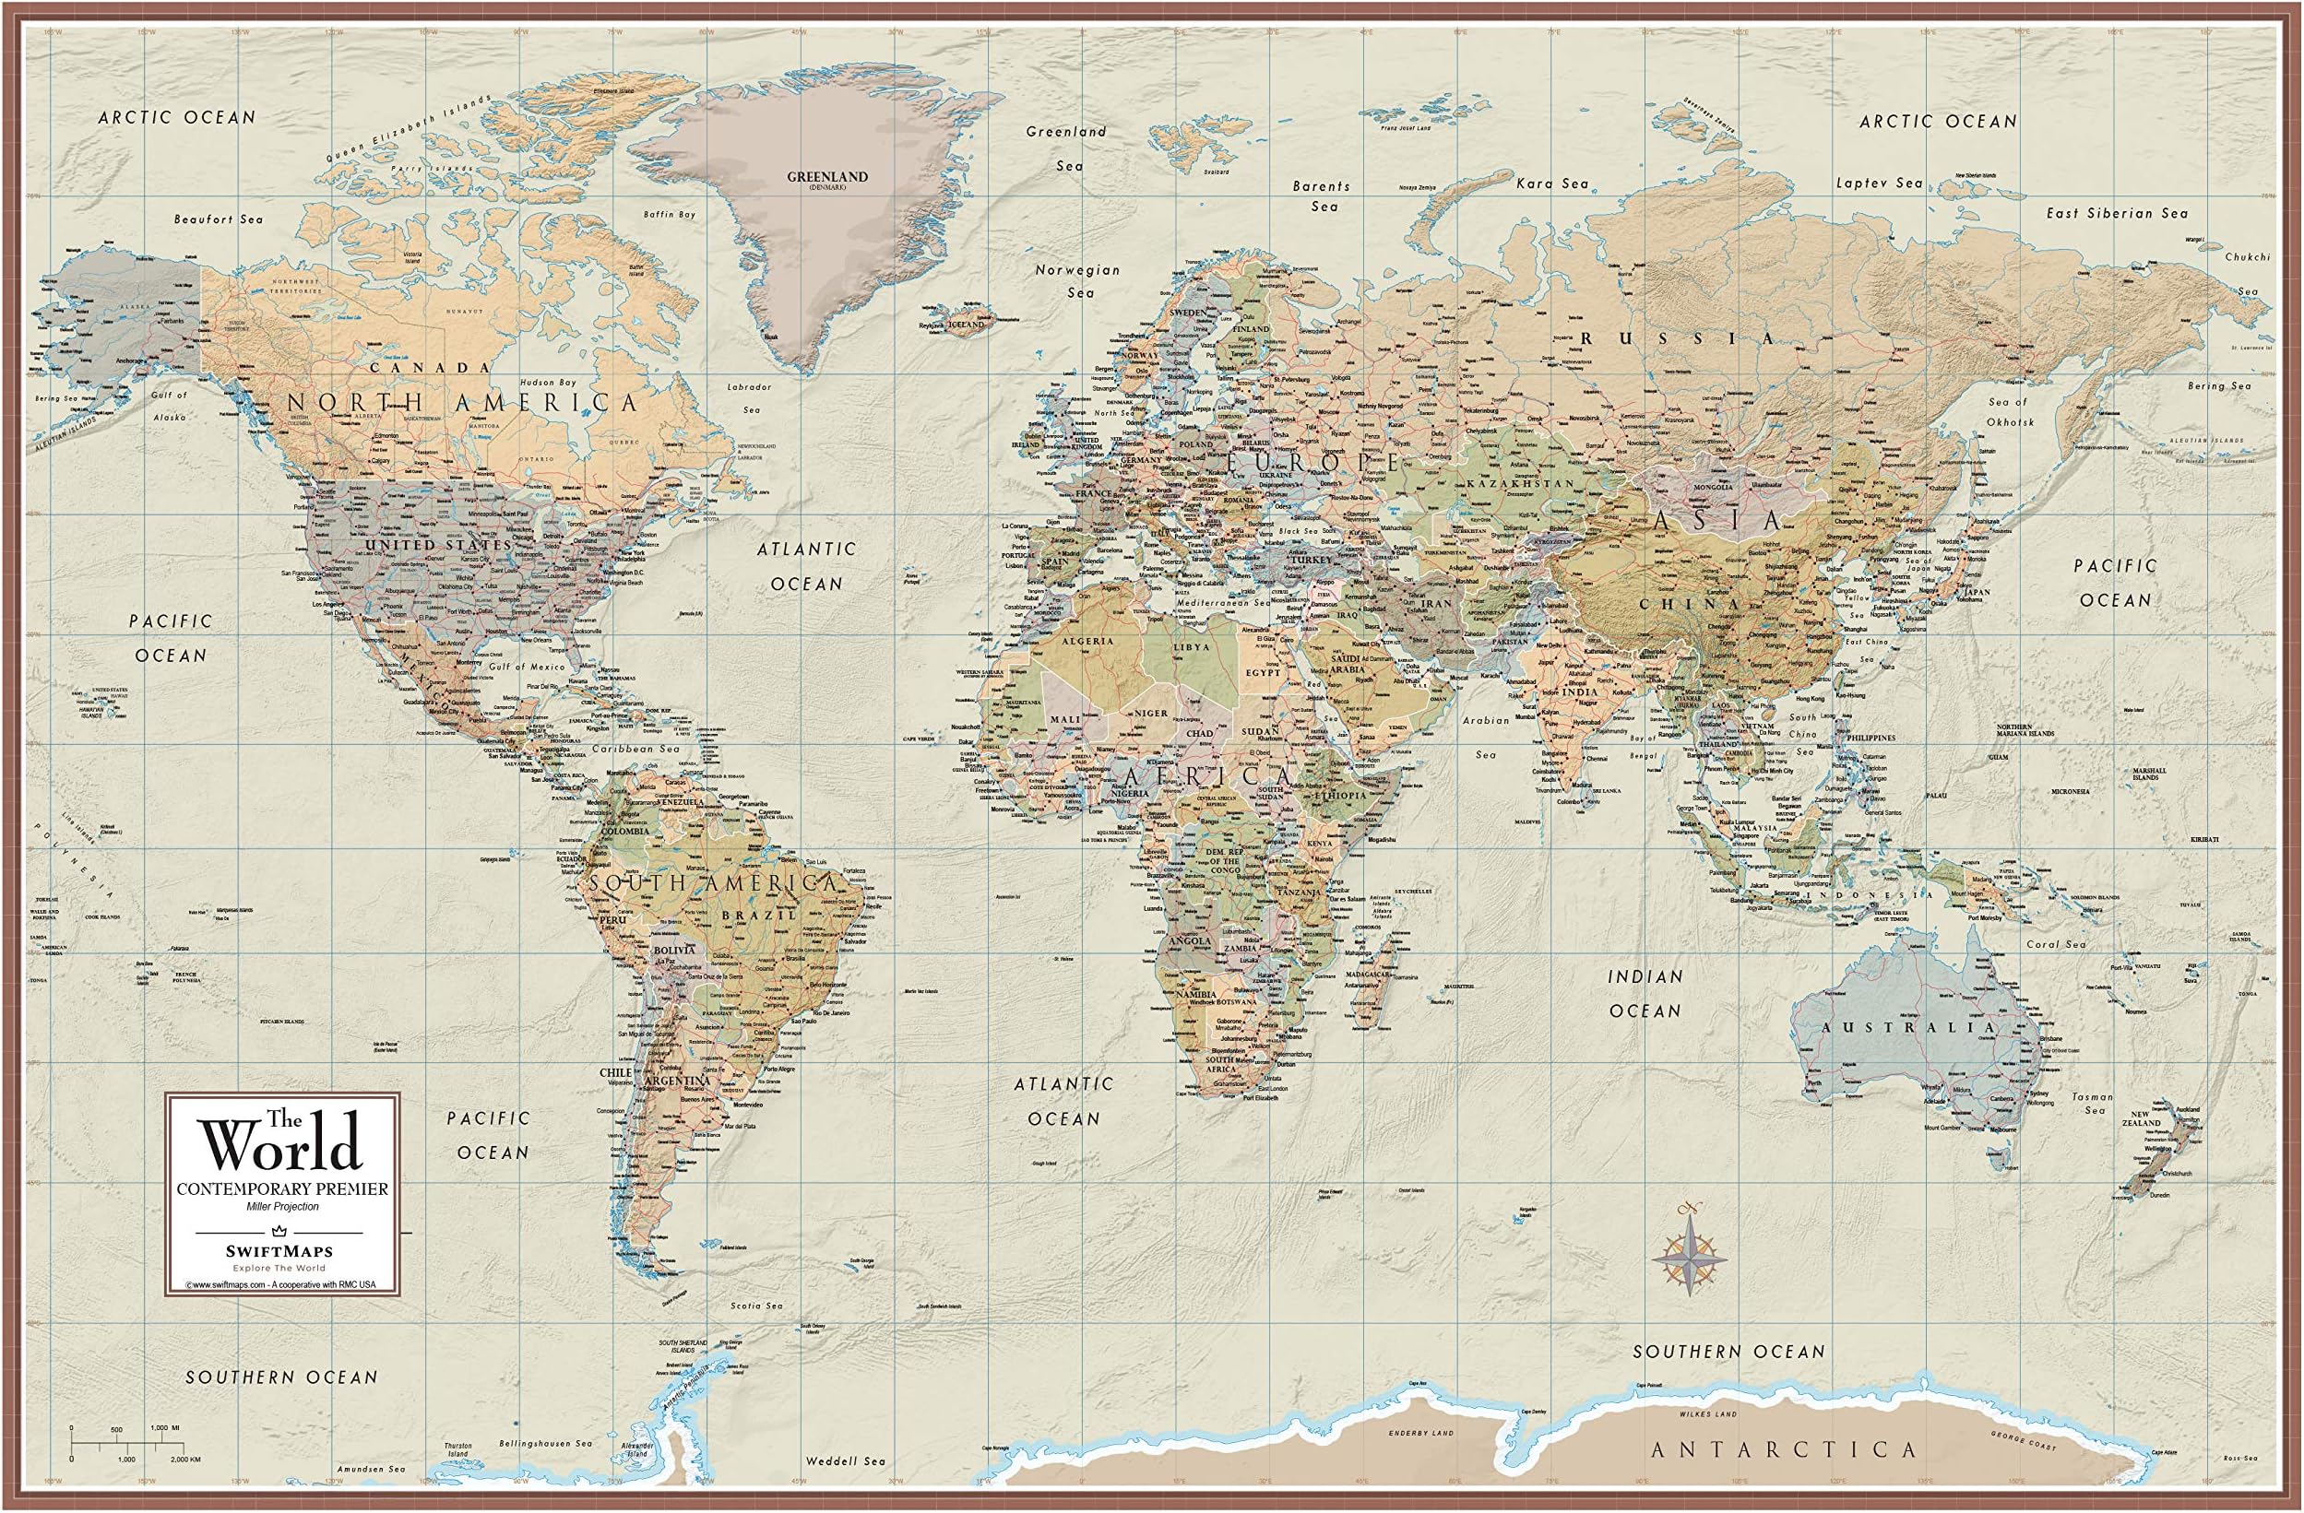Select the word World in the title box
281,1147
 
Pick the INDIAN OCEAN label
1645,993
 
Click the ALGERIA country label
1088,641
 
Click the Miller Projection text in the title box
280,1206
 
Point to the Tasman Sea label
2094,1104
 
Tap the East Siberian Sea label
2115,213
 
